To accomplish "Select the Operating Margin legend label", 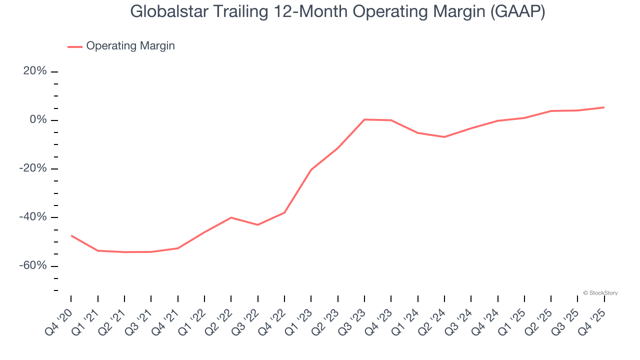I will (130, 46).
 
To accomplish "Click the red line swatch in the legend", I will (75, 46).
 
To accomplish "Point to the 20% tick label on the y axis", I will (35, 71).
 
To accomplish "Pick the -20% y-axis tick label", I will (33, 168).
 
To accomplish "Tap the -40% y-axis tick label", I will (33, 217).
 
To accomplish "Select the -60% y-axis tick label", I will (33, 265).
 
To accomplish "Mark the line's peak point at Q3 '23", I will (364, 119).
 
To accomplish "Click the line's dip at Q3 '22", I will (257, 225).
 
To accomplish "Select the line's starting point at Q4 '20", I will (71, 235).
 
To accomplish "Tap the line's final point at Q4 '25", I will (604, 107).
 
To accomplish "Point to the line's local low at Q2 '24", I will (444, 137).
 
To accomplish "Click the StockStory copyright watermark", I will (600, 293).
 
